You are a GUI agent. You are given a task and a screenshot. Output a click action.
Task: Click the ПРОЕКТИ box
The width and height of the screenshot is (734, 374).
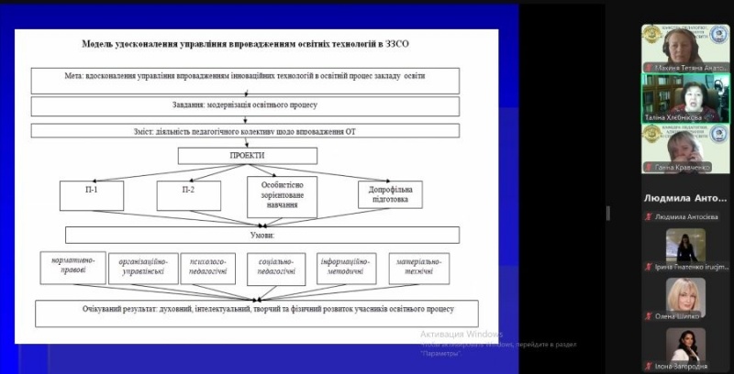click(247, 156)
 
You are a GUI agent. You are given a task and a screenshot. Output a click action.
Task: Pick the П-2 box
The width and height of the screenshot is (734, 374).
click(188, 194)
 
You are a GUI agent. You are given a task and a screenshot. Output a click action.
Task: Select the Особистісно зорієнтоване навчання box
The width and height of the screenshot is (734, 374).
click(282, 196)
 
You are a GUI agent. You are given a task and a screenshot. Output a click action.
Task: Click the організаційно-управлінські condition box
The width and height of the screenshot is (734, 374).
click(142, 269)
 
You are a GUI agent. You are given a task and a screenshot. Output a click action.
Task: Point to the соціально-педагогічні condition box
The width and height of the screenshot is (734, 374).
click(276, 268)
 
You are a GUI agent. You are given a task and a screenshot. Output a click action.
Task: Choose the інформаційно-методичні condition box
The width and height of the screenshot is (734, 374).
click(347, 268)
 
